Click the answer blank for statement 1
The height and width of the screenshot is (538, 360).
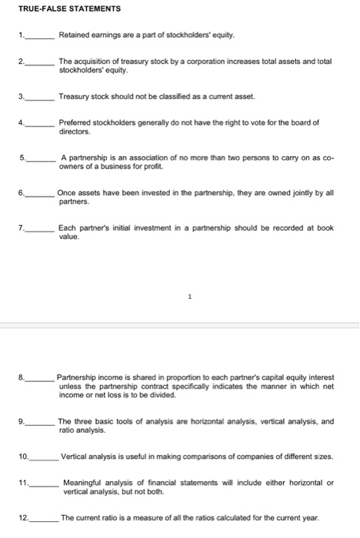pos(40,37)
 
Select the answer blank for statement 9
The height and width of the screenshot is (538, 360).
pos(40,423)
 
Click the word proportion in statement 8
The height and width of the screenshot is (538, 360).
pos(162,377)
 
